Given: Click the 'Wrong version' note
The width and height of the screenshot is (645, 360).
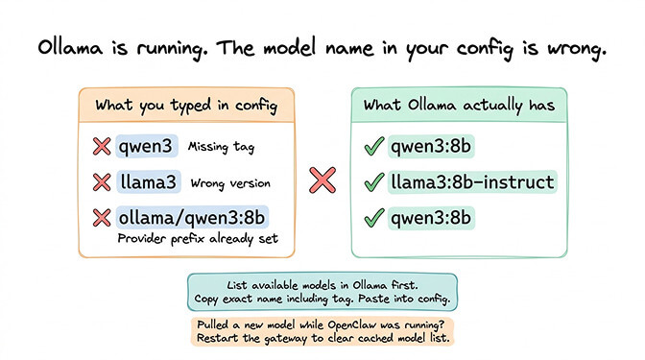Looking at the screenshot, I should tap(230, 181).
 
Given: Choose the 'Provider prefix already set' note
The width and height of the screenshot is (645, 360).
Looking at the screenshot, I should tap(197, 237).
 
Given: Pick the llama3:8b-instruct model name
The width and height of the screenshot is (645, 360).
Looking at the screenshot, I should tap(471, 181).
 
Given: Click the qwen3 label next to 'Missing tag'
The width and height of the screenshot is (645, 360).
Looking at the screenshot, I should tap(147, 148).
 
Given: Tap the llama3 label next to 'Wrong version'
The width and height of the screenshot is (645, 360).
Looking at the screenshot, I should tap(150, 181).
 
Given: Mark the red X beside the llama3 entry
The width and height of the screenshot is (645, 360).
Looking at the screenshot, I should tap(100, 181).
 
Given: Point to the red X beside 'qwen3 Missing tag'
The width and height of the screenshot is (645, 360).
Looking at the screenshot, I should tap(100, 148).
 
